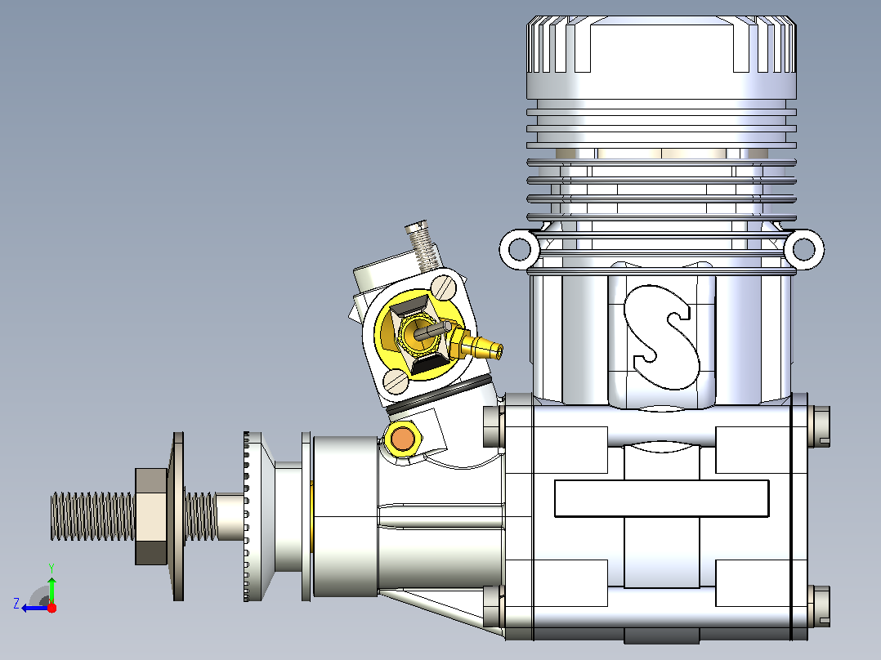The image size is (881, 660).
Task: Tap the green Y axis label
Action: [x=51, y=568]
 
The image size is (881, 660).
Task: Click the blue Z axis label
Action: [x=16, y=604]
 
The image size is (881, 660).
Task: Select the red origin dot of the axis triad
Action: [x=51, y=608]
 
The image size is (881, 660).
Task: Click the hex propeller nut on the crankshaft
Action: [x=151, y=516]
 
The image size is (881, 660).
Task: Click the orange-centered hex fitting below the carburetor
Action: [x=403, y=439]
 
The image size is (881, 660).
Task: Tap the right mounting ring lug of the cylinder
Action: [x=803, y=249]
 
